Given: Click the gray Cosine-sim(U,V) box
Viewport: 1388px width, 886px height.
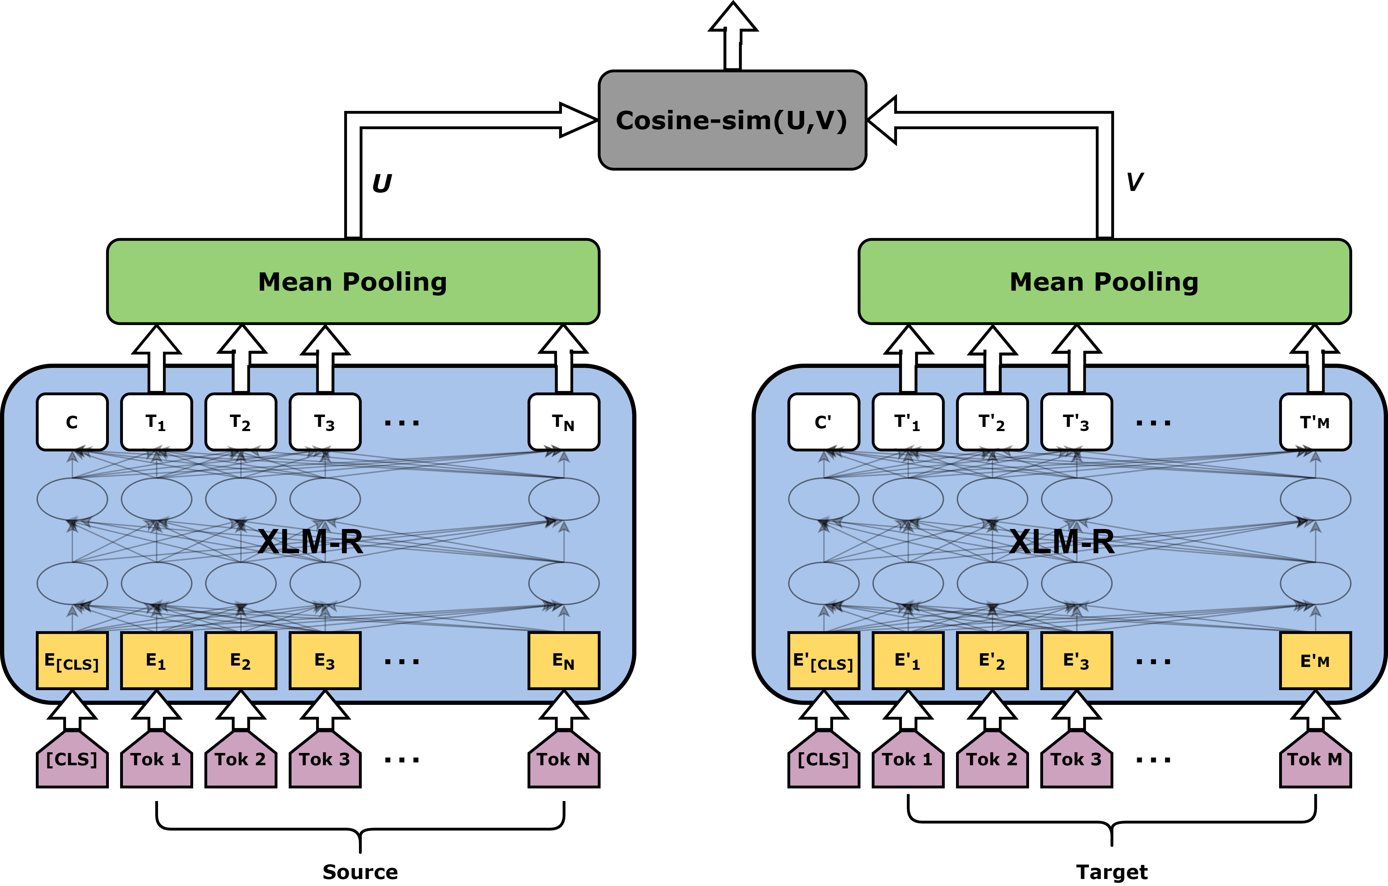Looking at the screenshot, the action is pos(732,120).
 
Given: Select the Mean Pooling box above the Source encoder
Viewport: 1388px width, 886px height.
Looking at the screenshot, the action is pos(353,282).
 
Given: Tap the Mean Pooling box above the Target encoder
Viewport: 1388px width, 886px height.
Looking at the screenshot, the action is pos(1105,282).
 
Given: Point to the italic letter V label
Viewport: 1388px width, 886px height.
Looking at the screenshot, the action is pos(1134,182).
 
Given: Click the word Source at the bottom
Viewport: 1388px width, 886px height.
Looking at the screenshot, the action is pos(360,872).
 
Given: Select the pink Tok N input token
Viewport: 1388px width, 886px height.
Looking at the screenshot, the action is pos(564,759).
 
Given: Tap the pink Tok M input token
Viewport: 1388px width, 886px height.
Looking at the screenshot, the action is pos(1315,759).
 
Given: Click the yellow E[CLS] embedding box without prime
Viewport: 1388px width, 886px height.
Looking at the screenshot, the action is pos(72,661).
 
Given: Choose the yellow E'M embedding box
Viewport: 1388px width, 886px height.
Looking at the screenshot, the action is pos(1315,661).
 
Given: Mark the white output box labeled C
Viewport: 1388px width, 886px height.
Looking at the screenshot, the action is pos(72,422).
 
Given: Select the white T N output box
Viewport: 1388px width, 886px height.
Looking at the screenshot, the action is pos(564,422).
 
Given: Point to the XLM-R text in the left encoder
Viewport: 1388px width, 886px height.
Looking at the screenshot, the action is pos(310,542).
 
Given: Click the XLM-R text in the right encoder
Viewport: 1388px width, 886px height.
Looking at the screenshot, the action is pos(1062,542).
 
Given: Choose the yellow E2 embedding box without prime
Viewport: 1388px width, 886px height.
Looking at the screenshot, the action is pos(241,661).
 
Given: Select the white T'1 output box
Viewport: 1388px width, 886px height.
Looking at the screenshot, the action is pos(908,422).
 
